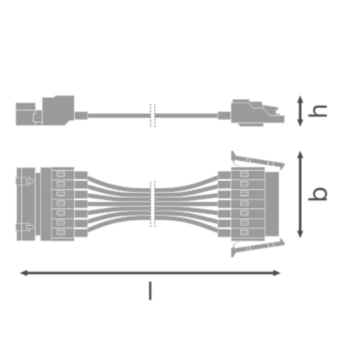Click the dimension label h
pyautogui.click(x=318, y=111)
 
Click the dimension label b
pyautogui.click(x=318, y=194)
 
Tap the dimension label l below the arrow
pyautogui.click(x=150, y=291)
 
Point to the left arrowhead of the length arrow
pyautogui.click(x=24, y=273)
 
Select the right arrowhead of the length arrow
pyautogui.click(x=276, y=273)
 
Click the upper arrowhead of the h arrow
pyautogui.click(x=300, y=99)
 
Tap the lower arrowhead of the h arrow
pyautogui.click(x=300, y=123)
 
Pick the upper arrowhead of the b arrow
pyautogui.click(x=300, y=154)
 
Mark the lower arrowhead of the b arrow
pyautogui.click(x=300, y=234)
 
